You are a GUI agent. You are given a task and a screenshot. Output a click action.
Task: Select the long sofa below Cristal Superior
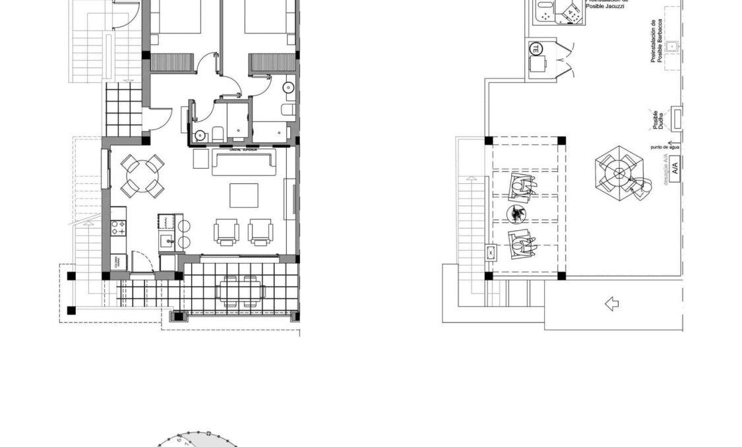coord(243,163)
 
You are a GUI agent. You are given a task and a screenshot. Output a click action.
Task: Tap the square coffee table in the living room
coord(244,195)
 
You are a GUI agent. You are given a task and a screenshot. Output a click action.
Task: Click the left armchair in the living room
coord(226,231)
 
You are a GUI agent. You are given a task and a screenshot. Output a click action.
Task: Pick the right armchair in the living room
coord(261,231)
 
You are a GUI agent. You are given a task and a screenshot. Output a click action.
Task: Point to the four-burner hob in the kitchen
coord(119,228)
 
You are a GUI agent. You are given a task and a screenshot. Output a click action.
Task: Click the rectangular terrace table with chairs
coord(241,290)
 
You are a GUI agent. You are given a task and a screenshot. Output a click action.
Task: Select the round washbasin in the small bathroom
coord(201,135)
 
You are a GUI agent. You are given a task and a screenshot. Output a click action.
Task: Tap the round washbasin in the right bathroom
coord(289,87)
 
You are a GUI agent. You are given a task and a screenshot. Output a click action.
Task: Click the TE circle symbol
coord(536,49)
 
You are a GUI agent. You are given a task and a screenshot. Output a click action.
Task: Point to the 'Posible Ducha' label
coord(655,119)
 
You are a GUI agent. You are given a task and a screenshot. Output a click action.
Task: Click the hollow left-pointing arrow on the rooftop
coord(611,304)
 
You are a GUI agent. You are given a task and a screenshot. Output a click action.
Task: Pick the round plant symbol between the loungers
coord(517,213)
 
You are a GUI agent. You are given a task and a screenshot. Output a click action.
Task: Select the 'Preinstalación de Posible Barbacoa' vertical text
coord(656,41)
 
